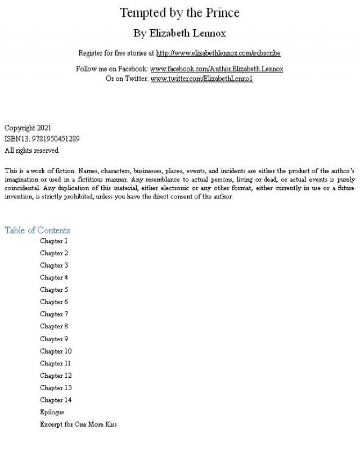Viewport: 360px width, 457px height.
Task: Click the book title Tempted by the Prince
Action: click(179, 12)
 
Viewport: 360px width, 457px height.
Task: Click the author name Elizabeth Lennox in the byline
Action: click(187, 33)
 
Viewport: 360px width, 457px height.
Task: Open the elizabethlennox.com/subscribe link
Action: click(218, 53)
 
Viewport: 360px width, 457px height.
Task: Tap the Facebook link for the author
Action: click(217, 69)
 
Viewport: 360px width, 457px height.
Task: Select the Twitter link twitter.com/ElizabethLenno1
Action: click(201, 79)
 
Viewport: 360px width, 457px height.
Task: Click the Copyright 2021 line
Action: click(28, 128)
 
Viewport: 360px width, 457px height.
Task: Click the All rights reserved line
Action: click(31, 151)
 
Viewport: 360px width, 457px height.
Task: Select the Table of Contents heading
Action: click(37, 230)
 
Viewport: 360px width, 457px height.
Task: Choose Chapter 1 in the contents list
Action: click(53, 241)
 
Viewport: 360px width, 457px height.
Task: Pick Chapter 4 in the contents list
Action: click(53, 278)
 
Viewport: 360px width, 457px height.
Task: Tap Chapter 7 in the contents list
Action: click(53, 314)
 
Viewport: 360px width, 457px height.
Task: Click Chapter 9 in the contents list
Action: click(53, 339)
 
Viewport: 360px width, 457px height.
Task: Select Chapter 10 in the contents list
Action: click(56, 351)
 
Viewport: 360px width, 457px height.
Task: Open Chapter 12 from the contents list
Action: click(56, 375)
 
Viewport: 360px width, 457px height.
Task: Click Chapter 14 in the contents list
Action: click(56, 400)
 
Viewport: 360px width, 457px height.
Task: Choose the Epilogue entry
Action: click(52, 412)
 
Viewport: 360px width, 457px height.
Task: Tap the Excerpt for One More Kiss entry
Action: click(78, 424)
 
